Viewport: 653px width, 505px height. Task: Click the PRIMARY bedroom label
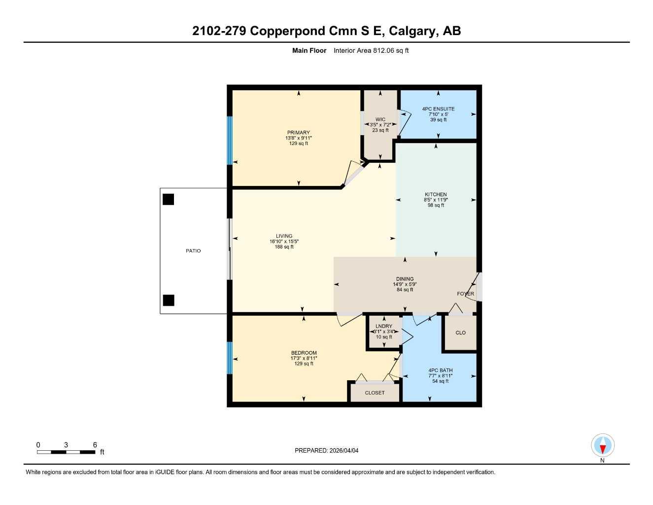tap(299, 132)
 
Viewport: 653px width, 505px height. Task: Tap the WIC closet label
tap(380, 119)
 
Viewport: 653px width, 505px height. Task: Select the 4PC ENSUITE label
tap(438, 109)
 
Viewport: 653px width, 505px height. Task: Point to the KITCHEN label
tap(436, 194)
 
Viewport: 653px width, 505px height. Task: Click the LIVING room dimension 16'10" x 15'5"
tap(284, 242)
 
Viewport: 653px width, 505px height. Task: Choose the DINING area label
tap(405, 279)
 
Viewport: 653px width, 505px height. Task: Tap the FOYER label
tap(465, 293)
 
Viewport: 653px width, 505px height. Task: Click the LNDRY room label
tap(384, 326)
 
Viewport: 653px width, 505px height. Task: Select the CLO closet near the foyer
tap(460, 333)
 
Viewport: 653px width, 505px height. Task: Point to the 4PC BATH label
tap(440, 370)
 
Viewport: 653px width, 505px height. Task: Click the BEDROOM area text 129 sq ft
tap(304, 364)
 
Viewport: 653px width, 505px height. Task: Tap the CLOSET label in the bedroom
tap(375, 393)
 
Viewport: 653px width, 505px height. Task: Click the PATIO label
tap(193, 251)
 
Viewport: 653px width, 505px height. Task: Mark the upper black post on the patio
tap(169, 199)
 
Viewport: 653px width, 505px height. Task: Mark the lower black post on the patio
tap(169, 300)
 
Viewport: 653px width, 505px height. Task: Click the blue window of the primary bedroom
tap(229, 141)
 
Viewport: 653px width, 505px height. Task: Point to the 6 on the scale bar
tap(95, 444)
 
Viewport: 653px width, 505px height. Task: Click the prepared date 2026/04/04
tap(344, 450)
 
